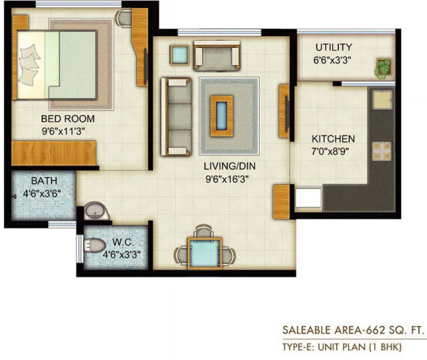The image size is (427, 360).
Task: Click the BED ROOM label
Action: pyautogui.click(x=68, y=119)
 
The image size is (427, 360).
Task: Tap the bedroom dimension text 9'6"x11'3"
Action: pyautogui.click(x=63, y=132)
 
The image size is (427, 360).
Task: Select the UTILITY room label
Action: pyautogui.click(x=334, y=47)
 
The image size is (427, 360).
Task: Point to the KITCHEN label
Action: pyautogui.click(x=333, y=139)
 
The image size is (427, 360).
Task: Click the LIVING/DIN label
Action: pyautogui.click(x=230, y=166)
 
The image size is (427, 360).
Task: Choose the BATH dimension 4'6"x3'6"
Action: pyautogui.click(x=42, y=194)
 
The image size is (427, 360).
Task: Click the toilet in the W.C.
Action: pyautogui.click(x=95, y=245)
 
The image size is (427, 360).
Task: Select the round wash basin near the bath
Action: pyautogui.click(x=95, y=210)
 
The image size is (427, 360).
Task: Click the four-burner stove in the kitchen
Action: pyautogui.click(x=382, y=151)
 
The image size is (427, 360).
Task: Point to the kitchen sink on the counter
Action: pyautogui.click(x=383, y=100)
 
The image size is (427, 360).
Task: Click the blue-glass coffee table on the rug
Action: pyautogui.click(x=222, y=116)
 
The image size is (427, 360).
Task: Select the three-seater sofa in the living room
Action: pyautogui.click(x=176, y=117)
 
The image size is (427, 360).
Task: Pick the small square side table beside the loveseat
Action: pyautogui.click(x=179, y=55)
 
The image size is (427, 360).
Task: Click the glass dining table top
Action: pyautogui.click(x=205, y=253)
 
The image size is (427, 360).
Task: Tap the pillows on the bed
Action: pyautogui.click(x=29, y=65)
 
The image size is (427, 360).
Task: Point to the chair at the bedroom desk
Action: pyautogui.click(x=124, y=18)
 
